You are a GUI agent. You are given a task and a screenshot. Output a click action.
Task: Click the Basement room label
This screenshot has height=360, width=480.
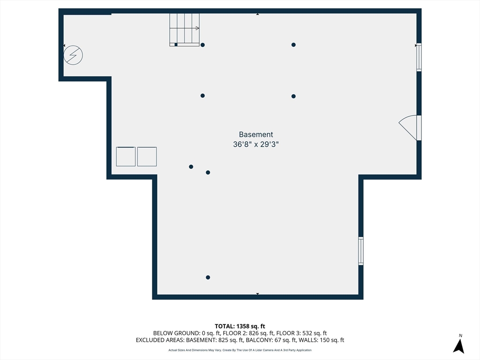coord(256,135)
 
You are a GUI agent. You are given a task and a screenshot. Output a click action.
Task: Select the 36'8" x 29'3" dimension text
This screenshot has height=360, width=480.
coord(256,144)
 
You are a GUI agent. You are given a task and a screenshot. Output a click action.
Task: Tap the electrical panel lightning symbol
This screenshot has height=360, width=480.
coord(73,55)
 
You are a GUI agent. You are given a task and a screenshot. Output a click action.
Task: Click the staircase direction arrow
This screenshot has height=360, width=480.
coord(185,28)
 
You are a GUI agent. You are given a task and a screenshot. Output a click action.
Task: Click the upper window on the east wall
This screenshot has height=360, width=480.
coord(419,57)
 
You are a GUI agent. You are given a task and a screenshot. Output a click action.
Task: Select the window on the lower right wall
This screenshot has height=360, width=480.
coord(361,251)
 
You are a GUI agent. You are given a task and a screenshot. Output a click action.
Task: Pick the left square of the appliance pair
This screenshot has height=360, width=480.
coord(126,157)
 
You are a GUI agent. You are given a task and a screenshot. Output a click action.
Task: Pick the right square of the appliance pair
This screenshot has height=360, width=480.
coord(147,157)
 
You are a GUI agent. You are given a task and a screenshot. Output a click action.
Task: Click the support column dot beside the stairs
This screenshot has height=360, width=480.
coord(202,45)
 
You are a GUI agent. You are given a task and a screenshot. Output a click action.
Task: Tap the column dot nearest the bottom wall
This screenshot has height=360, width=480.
coord(208,277)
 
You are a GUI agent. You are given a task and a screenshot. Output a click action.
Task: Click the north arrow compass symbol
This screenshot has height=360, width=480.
coord(458,346)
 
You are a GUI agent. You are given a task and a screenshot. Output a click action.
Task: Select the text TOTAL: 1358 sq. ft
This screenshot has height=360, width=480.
coord(240,326)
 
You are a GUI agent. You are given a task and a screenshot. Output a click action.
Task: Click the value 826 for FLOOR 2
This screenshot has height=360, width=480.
coord(254,333)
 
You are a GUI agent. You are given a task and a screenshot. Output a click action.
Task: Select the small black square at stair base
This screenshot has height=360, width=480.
coord(176,45)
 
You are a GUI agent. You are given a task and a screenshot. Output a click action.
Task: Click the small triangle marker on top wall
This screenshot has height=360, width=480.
coord(257,14)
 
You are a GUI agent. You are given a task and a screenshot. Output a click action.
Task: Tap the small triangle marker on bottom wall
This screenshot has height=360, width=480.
coord(257,294)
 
